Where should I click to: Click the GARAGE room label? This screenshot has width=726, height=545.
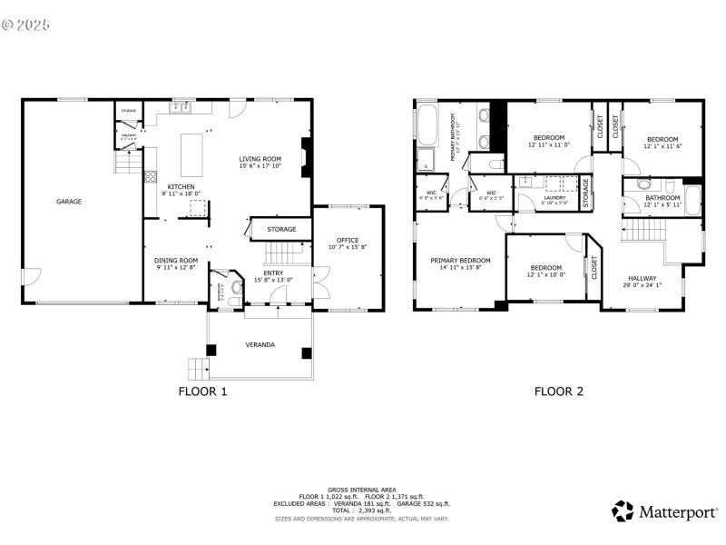click(x=69, y=202)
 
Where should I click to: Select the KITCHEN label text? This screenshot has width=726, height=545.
click(x=181, y=186)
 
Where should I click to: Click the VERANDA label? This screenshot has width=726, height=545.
click(x=260, y=345)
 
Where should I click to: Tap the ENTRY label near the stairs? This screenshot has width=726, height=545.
click(x=273, y=273)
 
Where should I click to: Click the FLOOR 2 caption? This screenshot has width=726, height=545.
click(x=558, y=392)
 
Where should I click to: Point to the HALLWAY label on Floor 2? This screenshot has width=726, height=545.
click(x=642, y=279)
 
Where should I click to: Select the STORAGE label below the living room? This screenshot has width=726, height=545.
click(x=281, y=230)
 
